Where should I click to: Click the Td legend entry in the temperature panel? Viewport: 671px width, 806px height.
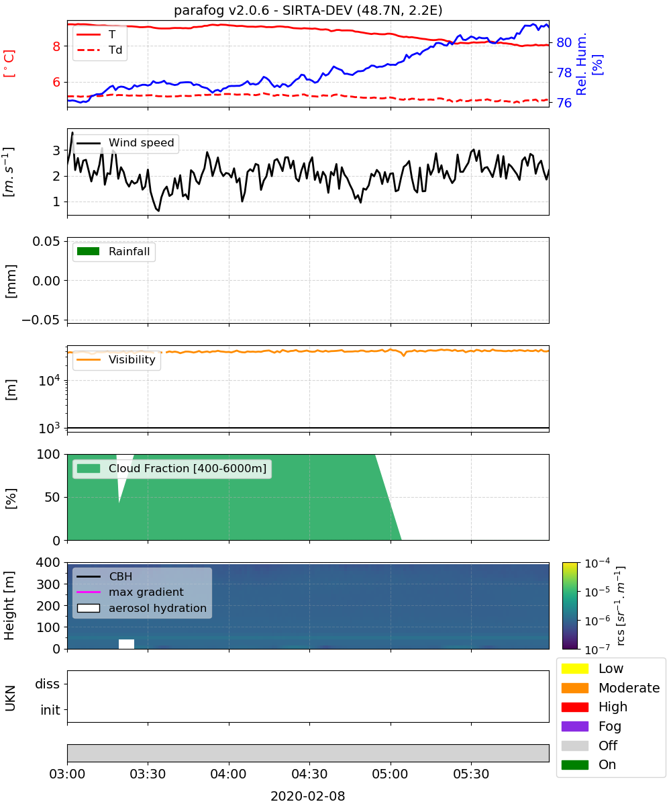coord(99,50)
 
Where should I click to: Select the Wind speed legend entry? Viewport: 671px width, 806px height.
coord(125,143)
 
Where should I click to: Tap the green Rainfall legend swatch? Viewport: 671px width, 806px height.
coord(89,251)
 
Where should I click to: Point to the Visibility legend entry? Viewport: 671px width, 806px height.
coord(116,359)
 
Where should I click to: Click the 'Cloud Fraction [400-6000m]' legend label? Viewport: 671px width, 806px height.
coord(187,468)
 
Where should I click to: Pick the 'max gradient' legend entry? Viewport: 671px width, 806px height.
coord(130,592)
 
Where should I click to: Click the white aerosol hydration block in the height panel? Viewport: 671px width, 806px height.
coord(127,644)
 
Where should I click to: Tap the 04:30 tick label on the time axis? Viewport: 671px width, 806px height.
coord(309,774)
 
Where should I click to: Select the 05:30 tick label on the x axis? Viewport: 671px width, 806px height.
coord(471,774)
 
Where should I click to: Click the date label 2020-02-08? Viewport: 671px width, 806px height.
coord(308,795)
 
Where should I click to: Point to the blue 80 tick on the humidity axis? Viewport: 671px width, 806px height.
coord(564,42)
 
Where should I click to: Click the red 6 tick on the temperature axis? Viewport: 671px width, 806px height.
coord(56,82)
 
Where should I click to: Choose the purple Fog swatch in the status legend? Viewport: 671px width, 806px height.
coord(574,726)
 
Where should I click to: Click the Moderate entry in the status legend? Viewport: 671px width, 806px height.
coord(611,688)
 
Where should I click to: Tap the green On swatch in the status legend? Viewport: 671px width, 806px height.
coord(574,764)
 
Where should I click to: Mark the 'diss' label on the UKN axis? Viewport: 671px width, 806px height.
coord(47,684)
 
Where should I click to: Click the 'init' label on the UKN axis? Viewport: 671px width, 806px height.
coord(50,709)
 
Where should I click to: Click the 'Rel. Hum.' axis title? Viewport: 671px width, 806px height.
coord(581,64)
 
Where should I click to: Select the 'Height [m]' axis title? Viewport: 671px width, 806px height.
coord(9,605)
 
